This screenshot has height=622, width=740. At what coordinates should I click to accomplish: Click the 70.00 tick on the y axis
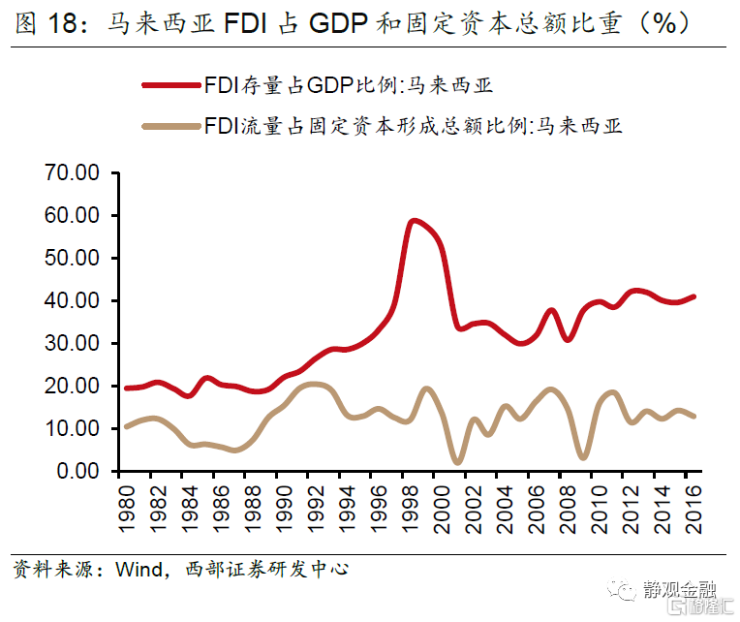click(75, 173)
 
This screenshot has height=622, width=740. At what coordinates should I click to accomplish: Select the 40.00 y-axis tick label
click(75, 301)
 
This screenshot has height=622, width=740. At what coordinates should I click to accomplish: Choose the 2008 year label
click(568, 506)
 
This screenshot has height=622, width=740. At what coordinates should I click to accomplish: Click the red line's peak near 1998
click(414, 221)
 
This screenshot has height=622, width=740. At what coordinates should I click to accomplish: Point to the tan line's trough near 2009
click(582, 457)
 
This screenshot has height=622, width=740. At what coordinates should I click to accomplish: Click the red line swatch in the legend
click(170, 85)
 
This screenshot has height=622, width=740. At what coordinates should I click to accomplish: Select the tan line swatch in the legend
click(170, 125)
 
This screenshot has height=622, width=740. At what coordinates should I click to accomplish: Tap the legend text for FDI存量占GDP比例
click(349, 85)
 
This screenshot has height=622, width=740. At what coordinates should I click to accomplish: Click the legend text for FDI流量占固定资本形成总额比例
click(413, 125)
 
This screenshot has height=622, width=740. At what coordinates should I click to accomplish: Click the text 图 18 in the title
click(45, 22)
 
